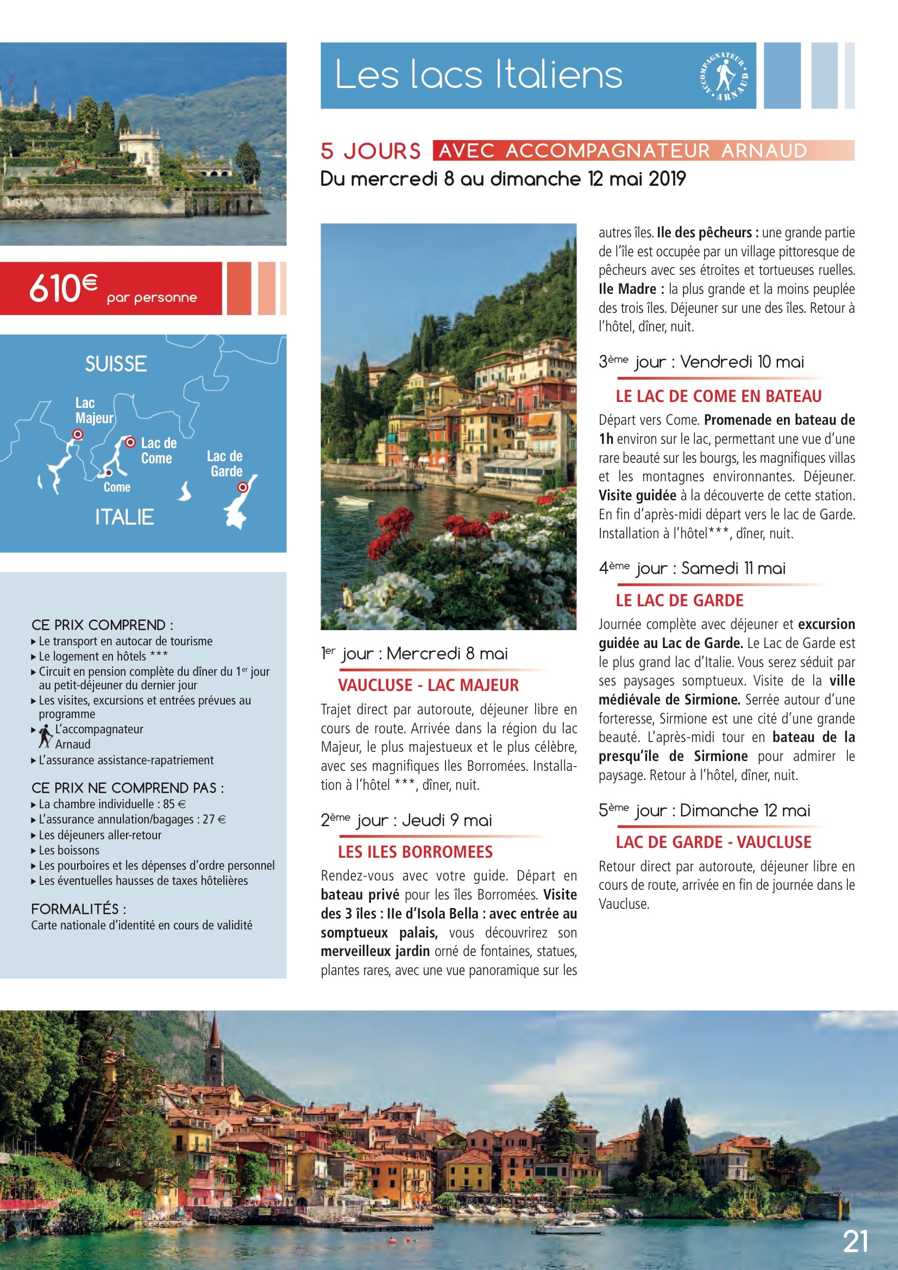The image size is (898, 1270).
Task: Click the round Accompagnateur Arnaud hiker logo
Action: tap(724, 77)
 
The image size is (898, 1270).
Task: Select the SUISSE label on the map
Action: tap(116, 364)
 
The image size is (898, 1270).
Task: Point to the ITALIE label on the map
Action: tap(124, 517)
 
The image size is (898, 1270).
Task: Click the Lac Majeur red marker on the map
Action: tap(78, 435)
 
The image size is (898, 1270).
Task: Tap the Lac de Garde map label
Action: tap(225, 463)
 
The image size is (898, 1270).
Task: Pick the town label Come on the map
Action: tap(117, 487)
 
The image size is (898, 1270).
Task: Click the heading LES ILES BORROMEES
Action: tap(415, 852)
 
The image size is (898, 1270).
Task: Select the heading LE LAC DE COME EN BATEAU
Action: tap(718, 396)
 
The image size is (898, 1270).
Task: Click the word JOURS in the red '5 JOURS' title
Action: tap(382, 151)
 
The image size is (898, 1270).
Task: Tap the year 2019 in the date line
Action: tap(667, 179)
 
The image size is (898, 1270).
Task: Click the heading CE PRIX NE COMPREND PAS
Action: tap(127, 788)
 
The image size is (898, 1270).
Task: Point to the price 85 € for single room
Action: tap(174, 804)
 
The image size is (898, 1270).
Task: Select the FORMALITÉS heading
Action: tap(79, 909)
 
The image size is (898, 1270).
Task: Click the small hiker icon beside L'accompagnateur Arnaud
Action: tap(46, 736)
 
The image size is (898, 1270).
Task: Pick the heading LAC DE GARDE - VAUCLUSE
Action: tap(713, 843)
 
